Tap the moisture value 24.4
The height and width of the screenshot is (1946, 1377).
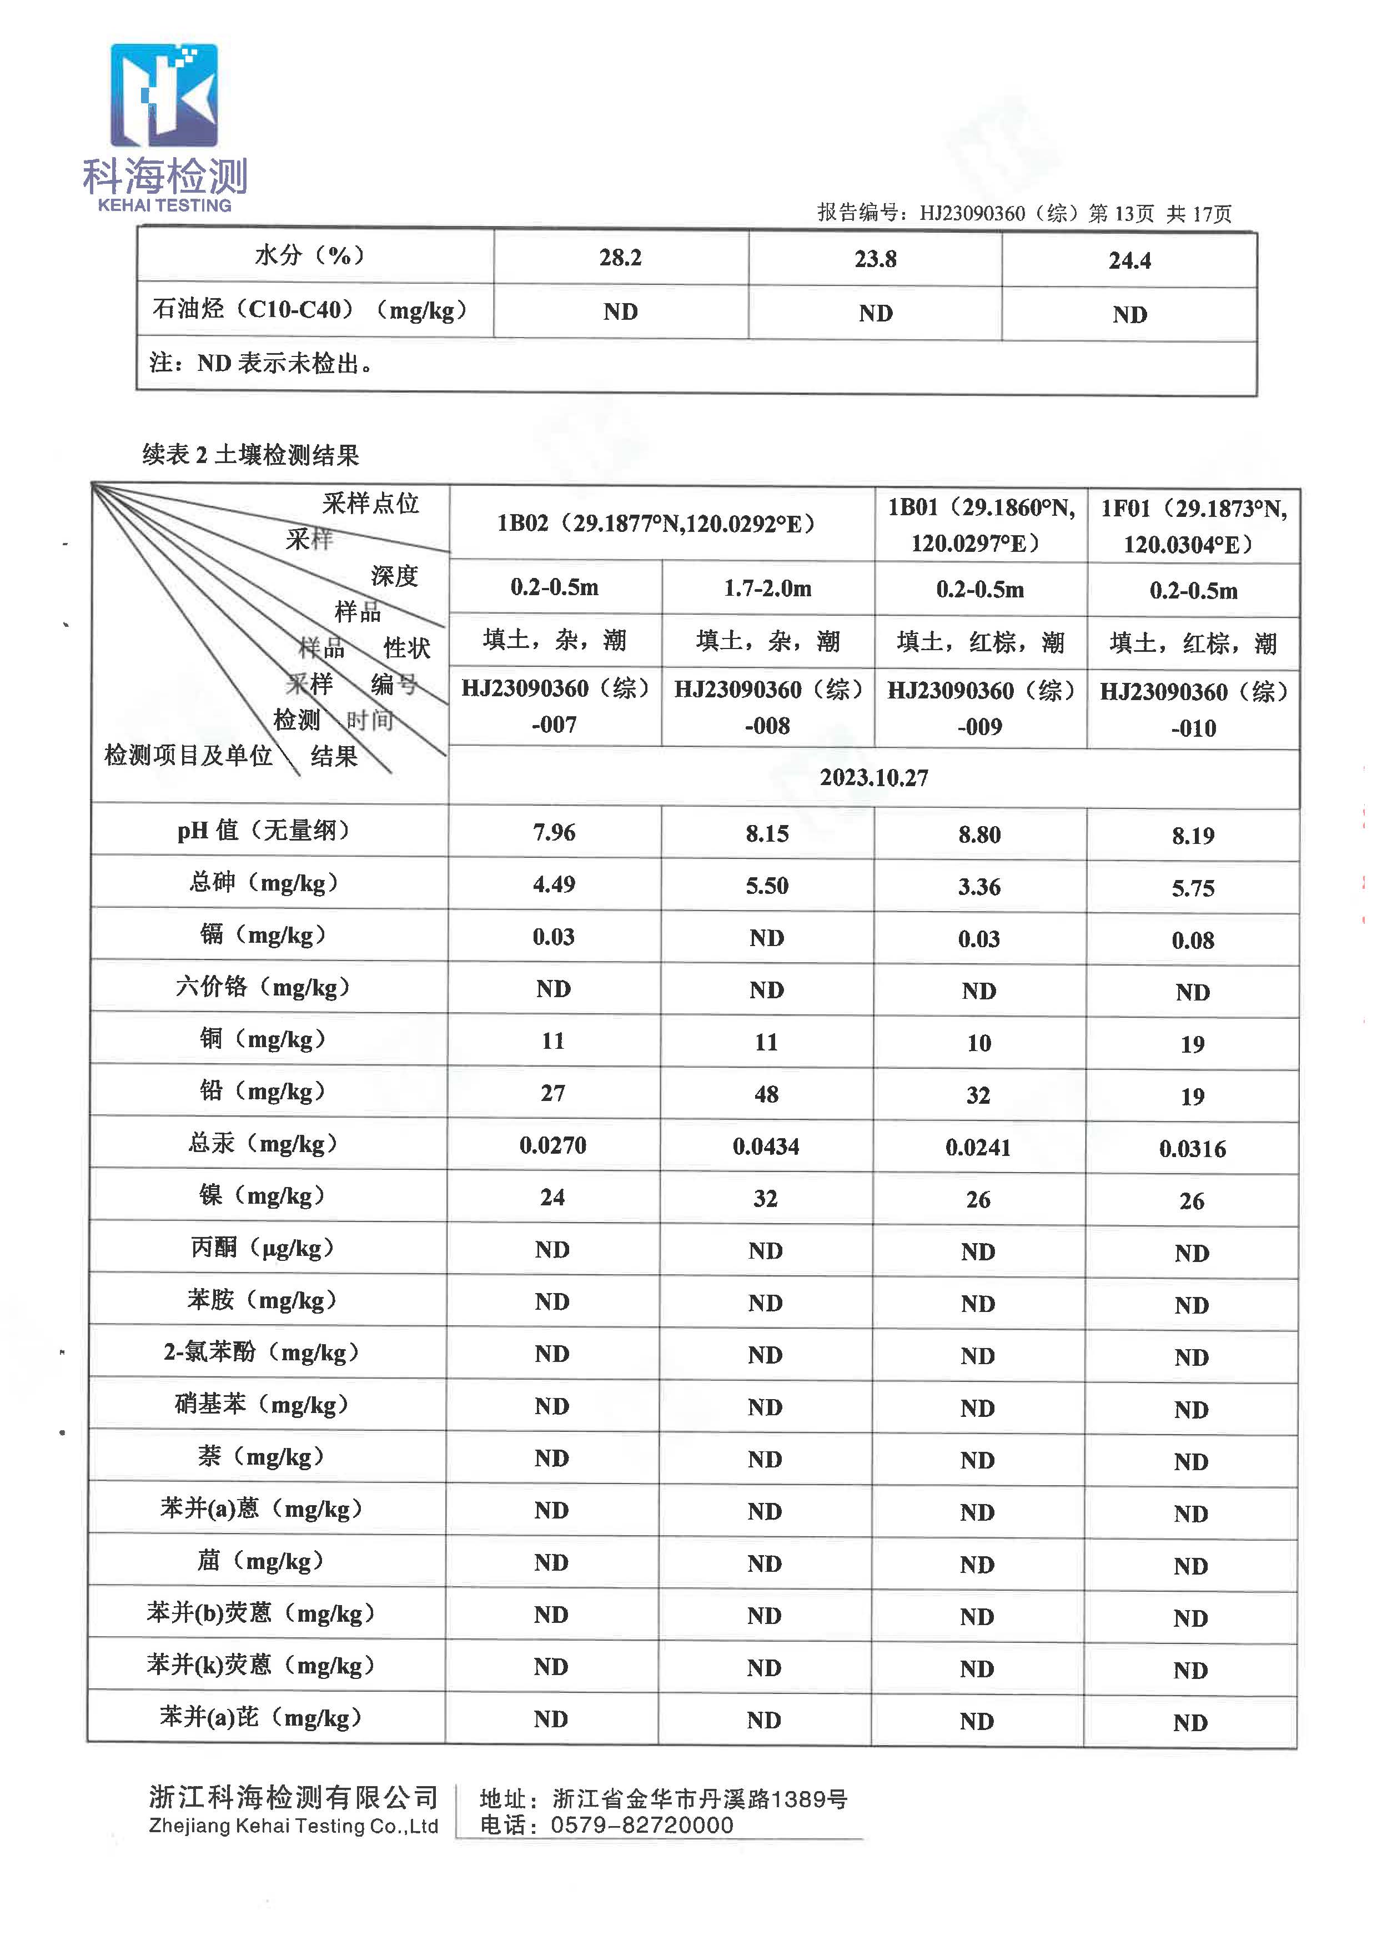1129,260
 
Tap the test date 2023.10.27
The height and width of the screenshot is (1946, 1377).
873,777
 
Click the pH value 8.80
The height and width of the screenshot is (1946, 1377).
979,834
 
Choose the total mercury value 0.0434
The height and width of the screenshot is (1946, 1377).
766,1147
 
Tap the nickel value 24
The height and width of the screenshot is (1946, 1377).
553,1197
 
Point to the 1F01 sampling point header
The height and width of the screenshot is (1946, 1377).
1193,526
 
